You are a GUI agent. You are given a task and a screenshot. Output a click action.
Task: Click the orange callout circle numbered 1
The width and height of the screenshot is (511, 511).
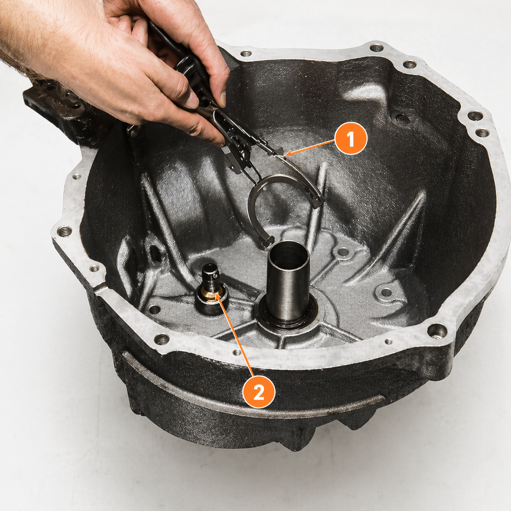click(x=350, y=139)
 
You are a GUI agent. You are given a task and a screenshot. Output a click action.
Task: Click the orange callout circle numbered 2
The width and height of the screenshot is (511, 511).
click(x=259, y=392)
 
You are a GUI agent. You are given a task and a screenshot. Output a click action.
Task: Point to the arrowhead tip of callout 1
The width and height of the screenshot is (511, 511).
click(x=286, y=154)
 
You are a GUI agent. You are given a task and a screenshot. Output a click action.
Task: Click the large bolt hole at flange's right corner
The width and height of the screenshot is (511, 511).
click(x=437, y=329)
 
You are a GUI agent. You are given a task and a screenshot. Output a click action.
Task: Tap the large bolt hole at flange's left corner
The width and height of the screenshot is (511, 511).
click(x=64, y=231)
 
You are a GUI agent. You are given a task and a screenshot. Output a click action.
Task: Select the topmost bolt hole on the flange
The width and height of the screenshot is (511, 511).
click(x=375, y=48)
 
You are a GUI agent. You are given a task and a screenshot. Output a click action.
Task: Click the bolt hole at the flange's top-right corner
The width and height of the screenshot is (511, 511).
click(x=475, y=116)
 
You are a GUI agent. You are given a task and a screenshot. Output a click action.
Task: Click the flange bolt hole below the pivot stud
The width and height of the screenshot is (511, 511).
click(x=162, y=338)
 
